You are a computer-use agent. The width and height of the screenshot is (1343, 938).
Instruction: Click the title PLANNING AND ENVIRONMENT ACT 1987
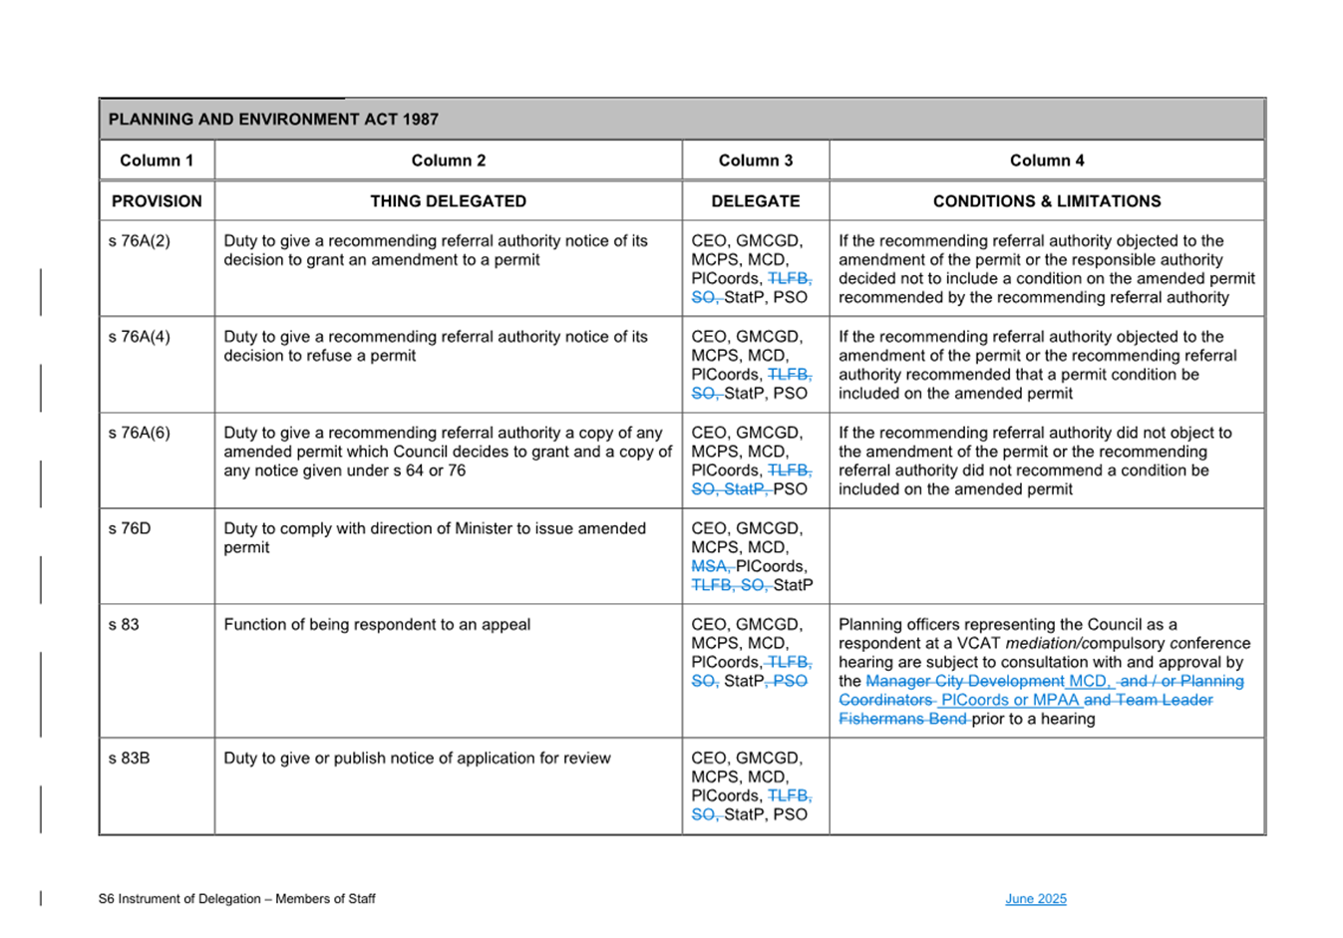click(x=273, y=120)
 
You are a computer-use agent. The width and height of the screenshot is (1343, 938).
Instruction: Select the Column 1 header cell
click(x=157, y=160)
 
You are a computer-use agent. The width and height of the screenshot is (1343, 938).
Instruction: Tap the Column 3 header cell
click(x=755, y=160)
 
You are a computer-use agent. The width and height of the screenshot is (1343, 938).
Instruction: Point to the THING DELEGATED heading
click(x=448, y=201)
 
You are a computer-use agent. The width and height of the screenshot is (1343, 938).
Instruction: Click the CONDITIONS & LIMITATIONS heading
click(x=1046, y=201)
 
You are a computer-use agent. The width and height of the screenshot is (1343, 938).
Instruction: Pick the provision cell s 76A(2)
click(x=140, y=241)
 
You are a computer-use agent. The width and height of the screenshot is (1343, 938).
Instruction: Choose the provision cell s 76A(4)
click(x=140, y=337)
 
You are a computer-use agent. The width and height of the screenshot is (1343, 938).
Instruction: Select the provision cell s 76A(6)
click(x=140, y=433)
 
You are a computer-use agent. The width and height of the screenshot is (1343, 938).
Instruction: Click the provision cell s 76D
click(x=130, y=528)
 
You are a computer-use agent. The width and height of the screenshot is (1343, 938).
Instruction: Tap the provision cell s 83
click(x=125, y=625)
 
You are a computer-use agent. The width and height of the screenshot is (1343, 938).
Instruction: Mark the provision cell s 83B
click(x=130, y=759)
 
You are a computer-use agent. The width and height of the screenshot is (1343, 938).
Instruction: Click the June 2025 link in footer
click(x=1035, y=899)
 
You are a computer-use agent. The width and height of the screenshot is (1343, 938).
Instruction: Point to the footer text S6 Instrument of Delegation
click(x=236, y=899)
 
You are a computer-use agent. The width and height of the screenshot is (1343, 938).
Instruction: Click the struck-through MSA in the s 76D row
click(x=710, y=566)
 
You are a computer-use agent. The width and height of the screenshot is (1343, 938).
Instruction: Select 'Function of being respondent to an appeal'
click(x=377, y=625)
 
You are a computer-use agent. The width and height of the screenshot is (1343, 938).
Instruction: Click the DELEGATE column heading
click(x=755, y=201)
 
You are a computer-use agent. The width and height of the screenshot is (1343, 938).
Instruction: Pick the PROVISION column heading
click(x=157, y=201)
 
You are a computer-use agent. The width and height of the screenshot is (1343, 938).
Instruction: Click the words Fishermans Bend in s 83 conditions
click(x=902, y=719)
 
